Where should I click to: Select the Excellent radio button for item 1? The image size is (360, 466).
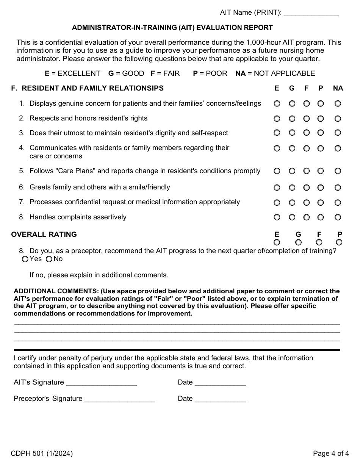click(277, 103)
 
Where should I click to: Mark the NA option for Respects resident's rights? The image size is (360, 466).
click(338, 119)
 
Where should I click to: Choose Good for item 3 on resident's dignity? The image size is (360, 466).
click(292, 133)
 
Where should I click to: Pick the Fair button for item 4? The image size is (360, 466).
click(307, 148)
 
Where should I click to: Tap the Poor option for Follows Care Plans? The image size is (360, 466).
click(321, 171)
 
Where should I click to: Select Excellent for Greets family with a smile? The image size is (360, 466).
click(277, 188)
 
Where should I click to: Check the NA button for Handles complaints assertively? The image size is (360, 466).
click(338, 217)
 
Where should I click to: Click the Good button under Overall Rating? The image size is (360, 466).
click(298, 242)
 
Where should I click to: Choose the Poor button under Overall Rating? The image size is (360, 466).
click(339, 242)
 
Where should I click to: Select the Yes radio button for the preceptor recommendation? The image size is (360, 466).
click(25, 259)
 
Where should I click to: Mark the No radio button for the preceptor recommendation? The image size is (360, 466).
click(49, 259)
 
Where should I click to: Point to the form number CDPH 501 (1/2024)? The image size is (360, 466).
click(42, 453)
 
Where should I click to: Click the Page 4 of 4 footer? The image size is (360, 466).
click(331, 453)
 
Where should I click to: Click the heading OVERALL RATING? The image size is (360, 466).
click(44, 235)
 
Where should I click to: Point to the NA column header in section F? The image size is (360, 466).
click(338, 88)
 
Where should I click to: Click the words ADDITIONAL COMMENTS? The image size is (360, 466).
click(56, 291)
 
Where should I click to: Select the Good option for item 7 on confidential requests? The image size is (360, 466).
click(292, 203)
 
